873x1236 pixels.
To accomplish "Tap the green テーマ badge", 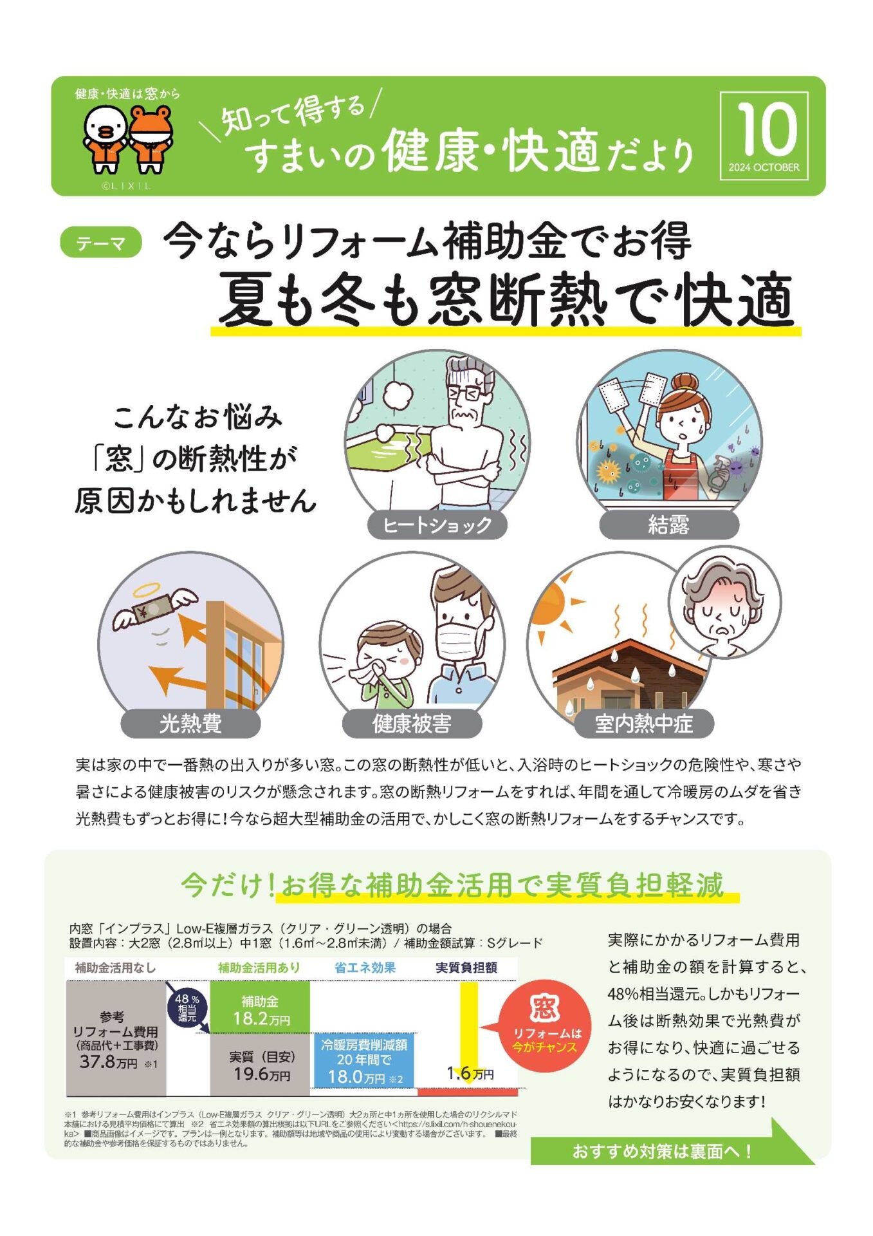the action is (101, 243).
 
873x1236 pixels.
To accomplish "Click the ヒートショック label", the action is (437, 525).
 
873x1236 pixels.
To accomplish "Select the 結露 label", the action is (668, 525).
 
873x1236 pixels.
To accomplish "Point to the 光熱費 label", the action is (190, 724).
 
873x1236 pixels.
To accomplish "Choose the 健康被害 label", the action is (412, 724).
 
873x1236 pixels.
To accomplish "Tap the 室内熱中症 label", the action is (644, 724).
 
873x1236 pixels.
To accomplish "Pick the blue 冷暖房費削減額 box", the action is (364, 1060).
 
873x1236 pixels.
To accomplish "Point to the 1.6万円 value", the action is (470, 1073).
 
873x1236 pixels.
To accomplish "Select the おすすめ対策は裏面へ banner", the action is (663, 1151).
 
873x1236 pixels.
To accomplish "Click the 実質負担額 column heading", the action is (466, 968).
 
